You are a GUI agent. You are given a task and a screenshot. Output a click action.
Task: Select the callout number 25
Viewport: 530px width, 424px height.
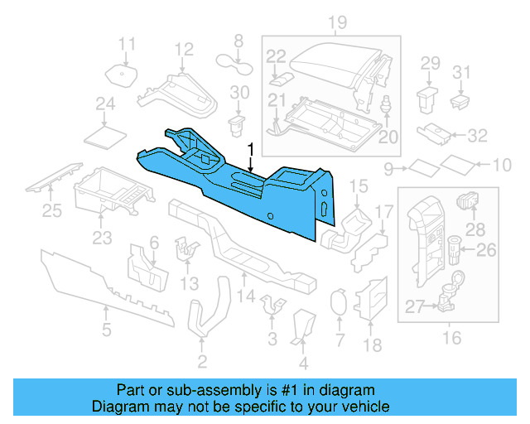[52, 211]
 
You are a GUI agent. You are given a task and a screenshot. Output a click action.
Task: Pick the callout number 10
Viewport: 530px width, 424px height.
[502, 166]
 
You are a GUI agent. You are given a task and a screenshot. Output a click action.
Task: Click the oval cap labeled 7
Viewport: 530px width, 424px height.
[338, 302]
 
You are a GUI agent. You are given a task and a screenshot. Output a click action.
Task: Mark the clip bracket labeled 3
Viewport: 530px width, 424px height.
[272, 304]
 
